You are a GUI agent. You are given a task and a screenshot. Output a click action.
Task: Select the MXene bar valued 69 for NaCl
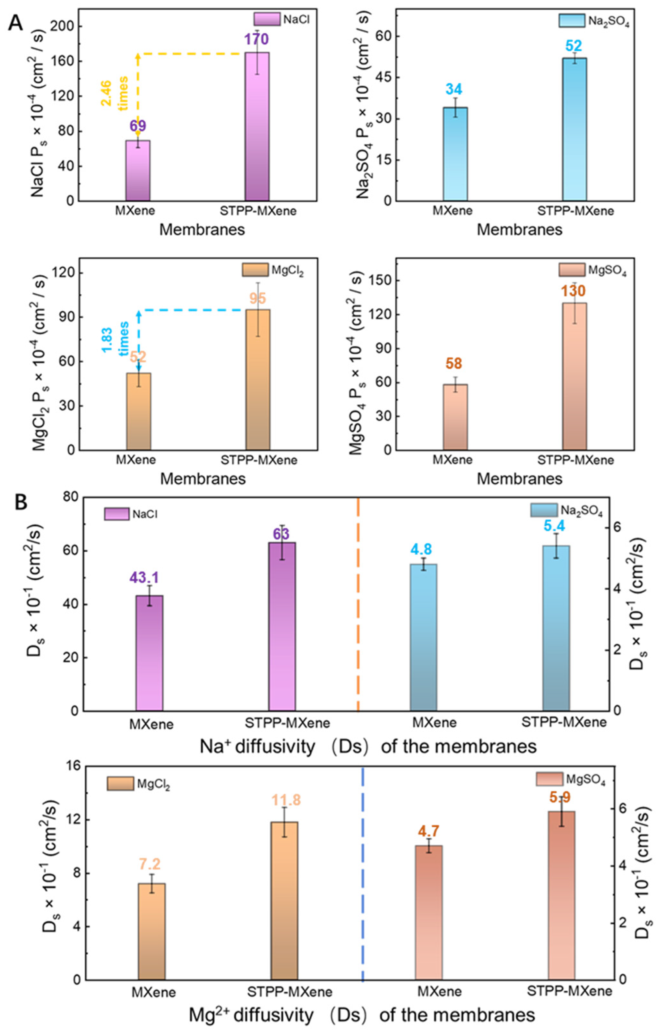tap(138, 170)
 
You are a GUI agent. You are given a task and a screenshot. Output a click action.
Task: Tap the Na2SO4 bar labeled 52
tap(574, 129)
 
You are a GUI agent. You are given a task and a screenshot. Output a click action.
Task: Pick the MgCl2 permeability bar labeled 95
tap(258, 379)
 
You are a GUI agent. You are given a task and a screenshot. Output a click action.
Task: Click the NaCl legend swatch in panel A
tap(266, 19)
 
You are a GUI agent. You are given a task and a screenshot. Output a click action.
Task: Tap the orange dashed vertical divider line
tap(358, 603)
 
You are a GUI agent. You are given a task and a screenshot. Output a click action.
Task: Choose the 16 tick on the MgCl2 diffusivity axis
tap(69, 767)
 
